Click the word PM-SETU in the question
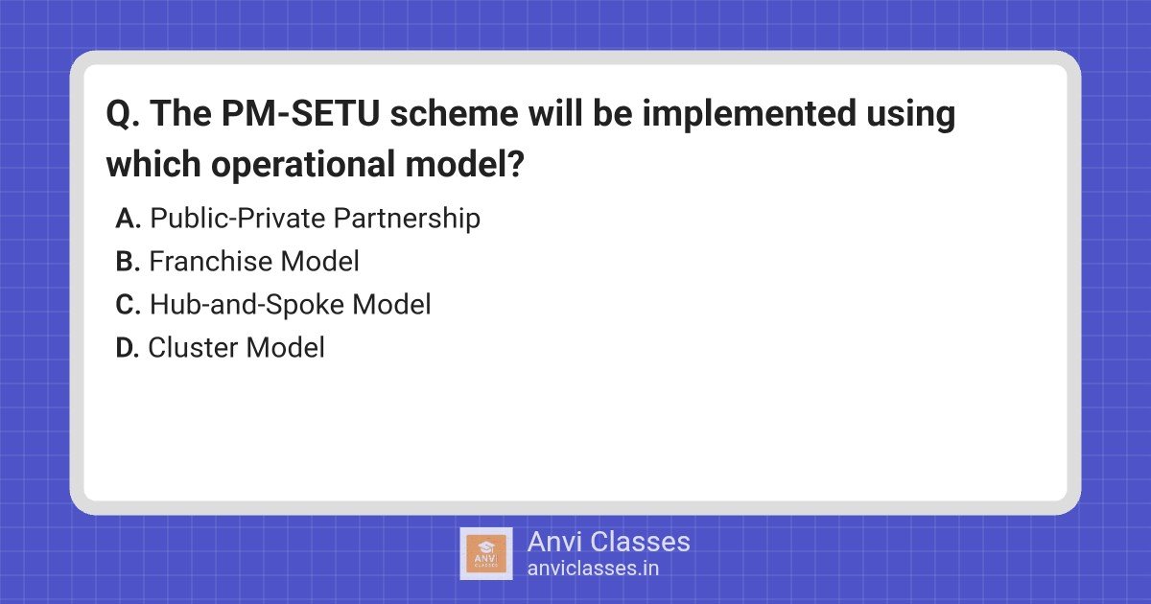click(x=300, y=113)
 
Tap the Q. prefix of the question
click(x=123, y=114)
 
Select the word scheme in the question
click(x=455, y=113)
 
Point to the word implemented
click(x=749, y=114)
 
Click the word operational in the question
click(x=303, y=164)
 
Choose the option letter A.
click(x=128, y=219)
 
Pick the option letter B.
click(x=128, y=262)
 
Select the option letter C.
click(x=128, y=305)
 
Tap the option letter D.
click(x=128, y=348)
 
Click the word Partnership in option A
click(x=407, y=219)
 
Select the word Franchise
click(x=210, y=261)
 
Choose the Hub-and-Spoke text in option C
click(x=247, y=305)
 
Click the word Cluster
click(x=193, y=348)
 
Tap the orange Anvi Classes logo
click(x=486, y=554)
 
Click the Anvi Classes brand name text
click(x=608, y=542)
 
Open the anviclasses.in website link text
click(x=593, y=569)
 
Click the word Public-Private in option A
click(x=237, y=218)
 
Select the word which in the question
click(x=153, y=164)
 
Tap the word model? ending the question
click(x=464, y=164)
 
